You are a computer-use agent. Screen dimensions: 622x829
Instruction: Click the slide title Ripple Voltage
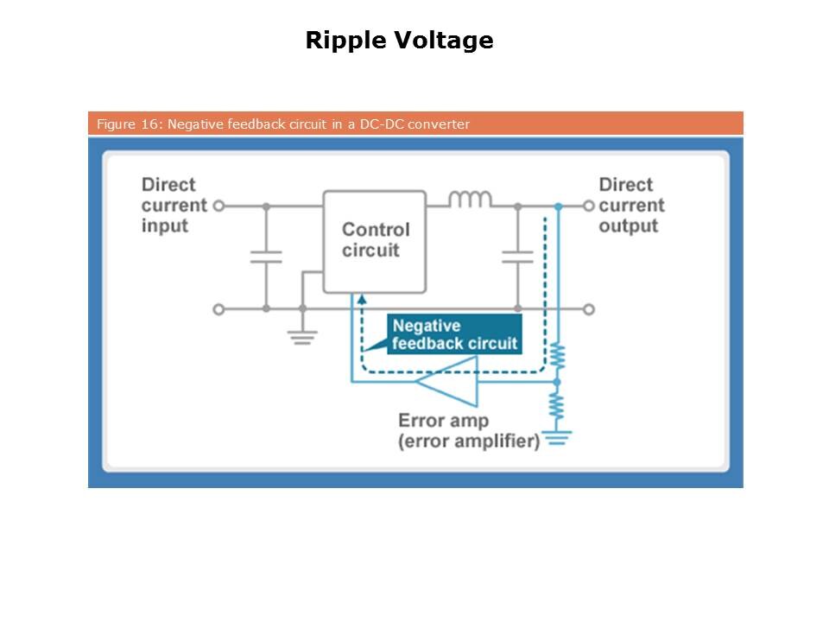click(399, 41)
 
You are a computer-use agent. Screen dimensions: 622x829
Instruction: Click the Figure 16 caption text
click(282, 124)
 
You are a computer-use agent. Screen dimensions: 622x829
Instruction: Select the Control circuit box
click(375, 241)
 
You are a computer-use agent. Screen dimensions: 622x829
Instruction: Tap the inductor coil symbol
click(470, 200)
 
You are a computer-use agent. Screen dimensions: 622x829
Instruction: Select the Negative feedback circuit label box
click(454, 334)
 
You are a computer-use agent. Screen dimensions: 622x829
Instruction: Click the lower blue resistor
click(558, 405)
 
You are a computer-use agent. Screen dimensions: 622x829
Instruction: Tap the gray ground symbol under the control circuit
click(301, 336)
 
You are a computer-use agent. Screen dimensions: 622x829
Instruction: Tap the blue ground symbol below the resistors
click(558, 438)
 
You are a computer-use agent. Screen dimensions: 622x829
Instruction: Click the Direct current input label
click(174, 206)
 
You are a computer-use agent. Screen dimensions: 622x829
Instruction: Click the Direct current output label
click(631, 206)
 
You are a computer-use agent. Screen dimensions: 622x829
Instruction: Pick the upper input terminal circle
click(219, 206)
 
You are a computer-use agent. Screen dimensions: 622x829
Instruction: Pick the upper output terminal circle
click(589, 206)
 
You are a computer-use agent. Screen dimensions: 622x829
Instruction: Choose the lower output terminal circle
click(589, 309)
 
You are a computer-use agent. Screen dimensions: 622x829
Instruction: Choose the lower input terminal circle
click(219, 309)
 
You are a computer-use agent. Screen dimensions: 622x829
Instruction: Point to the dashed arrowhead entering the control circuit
click(362, 300)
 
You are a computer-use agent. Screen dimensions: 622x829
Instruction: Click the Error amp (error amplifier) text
click(467, 431)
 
